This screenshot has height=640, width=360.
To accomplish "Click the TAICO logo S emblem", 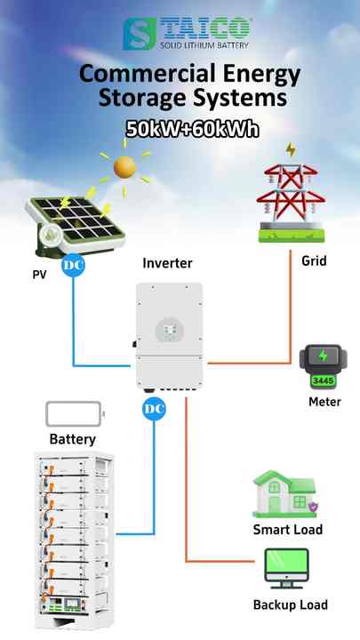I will click(x=140, y=33).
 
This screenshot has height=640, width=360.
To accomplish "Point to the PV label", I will click(x=39, y=276).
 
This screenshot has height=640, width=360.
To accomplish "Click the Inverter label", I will click(x=167, y=264).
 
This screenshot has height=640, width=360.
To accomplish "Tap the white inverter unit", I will click(x=169, y=335).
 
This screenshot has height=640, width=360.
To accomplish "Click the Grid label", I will click(x=314, y=261).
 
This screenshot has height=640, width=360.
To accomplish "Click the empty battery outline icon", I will click(x=75, y=414).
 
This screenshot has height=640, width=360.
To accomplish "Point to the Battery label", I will click(x=72, y=439).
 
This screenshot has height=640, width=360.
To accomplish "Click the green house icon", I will click(x=284, y=493).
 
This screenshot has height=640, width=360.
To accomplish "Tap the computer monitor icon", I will click(x=287, y=570).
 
